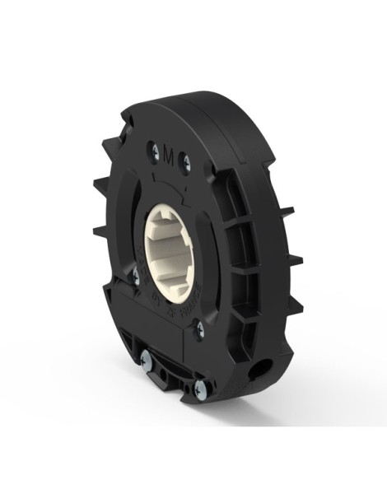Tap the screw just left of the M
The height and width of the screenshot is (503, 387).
click(153, 148)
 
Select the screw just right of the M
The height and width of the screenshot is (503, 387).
click(184, 161)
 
